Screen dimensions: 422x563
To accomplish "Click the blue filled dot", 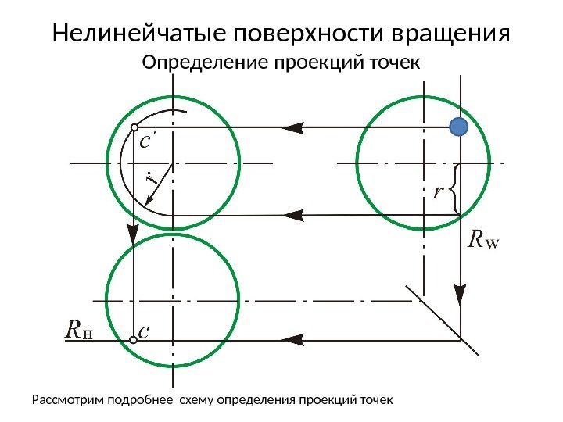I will (458, 127).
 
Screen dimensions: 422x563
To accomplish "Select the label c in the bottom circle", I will (143, 332).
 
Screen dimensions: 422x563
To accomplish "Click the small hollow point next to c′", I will (134, 127).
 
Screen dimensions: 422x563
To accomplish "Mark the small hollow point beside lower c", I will (134, 340).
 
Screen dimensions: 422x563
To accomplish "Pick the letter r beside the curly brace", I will (439, 191).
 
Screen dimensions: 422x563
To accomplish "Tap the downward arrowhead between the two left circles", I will (134, 232).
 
